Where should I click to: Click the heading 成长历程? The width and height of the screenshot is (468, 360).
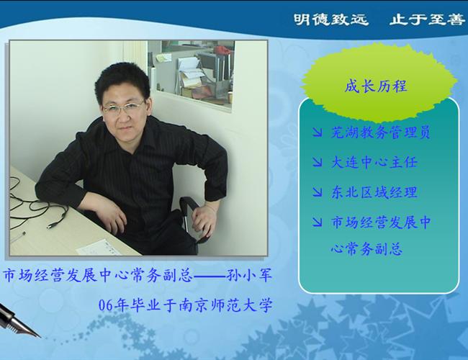coord(376,86)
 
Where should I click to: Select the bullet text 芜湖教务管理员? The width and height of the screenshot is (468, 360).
coord(381,132)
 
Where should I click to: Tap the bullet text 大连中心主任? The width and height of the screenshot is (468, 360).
coord(374,163)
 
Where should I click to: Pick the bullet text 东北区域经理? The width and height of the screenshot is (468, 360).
coord(374,192)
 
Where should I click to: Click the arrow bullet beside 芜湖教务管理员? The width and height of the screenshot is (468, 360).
coord(318,132)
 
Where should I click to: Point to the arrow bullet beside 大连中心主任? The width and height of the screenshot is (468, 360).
coord(318,163)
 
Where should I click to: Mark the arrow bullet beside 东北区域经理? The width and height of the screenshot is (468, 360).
coord(318,192)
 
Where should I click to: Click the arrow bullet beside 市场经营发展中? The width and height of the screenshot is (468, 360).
coord(318,222)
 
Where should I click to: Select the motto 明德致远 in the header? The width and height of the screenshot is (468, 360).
coord(330,19)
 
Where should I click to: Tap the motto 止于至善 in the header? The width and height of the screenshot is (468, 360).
coord(427,19)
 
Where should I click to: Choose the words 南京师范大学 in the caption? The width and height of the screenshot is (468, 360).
coord(225,305)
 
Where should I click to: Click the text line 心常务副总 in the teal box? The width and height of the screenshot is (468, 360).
coord(366,248)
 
